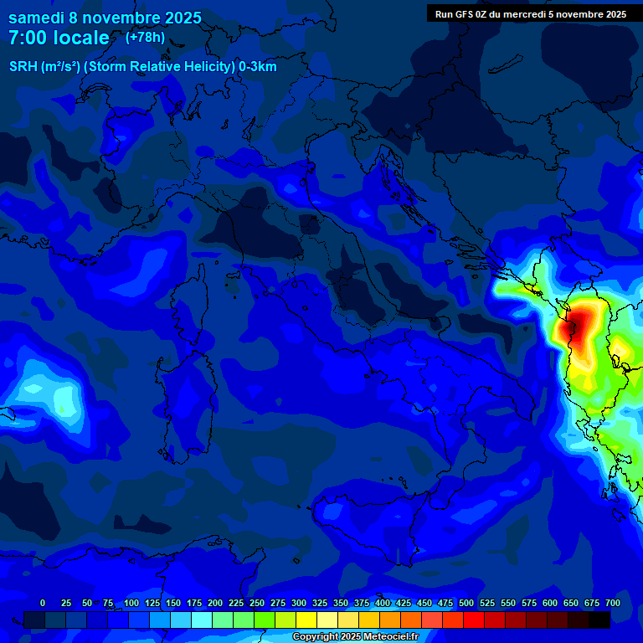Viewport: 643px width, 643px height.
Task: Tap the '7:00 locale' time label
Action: (59, 39)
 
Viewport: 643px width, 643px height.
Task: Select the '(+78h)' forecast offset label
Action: (145, 38)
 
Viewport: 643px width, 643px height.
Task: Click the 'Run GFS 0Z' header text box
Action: (531, 13)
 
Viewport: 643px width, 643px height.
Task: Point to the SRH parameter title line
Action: (143, 67)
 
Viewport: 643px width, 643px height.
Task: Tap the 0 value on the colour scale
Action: (43, 603)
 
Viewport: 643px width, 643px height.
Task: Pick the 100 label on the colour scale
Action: (131, 603)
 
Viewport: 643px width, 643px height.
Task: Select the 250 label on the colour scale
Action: (257, 603)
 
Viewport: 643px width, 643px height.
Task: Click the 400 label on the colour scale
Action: (383, 603)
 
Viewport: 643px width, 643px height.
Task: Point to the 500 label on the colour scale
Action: (466, 603)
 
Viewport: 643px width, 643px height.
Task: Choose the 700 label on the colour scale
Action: (613, 603)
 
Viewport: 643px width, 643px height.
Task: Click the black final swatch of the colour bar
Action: (599, 620)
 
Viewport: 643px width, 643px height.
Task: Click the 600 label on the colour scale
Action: (550, 603)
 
